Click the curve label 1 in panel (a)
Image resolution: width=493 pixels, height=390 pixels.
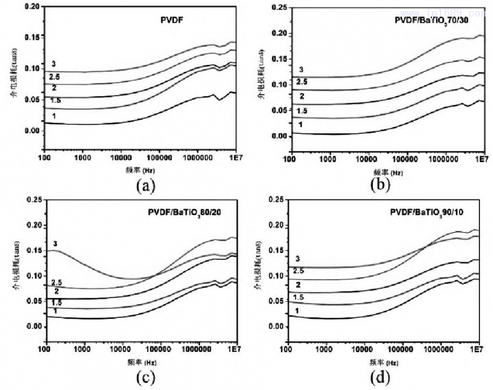[54, 116]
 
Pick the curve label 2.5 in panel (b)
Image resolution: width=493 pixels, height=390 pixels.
[302, 82]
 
